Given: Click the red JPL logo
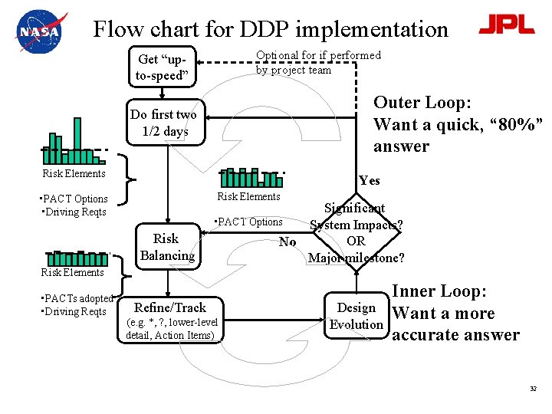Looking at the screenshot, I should point(506,25).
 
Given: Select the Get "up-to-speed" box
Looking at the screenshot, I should point(161,67).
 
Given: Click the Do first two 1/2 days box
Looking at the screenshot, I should point(163,123).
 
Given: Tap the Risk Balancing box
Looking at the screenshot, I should point(166,247).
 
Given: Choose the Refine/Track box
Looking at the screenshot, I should point(169,307).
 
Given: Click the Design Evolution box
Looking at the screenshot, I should point(356,316).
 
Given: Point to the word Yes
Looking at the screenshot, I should point(369,181).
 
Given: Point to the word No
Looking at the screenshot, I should point(287,242).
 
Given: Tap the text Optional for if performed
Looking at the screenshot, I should point(318,55).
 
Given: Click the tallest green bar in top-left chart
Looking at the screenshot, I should point(77,135).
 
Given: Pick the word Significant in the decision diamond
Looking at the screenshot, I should point(354,208).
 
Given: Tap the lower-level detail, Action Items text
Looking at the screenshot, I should point(172,328).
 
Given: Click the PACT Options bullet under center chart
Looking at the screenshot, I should point(249,222).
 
